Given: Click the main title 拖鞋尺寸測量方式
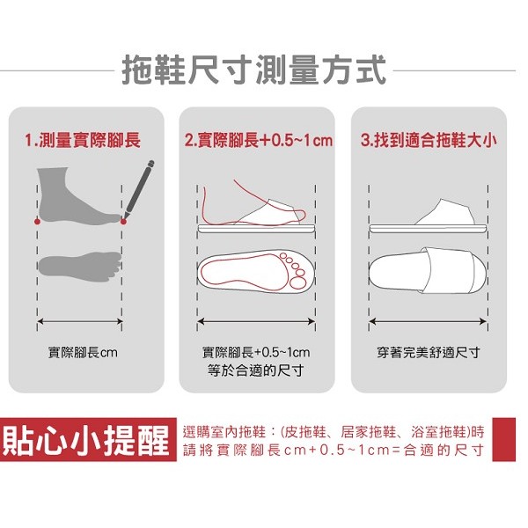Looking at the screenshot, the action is pyautogui.click(x=253, y=71).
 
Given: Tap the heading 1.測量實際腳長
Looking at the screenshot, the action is pyautogui.click(x=83, y=140).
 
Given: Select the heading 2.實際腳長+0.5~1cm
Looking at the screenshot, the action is pyautogui.click(x=259, y=140).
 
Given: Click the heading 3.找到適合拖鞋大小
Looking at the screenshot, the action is pyautogui.click(x=429, y=140).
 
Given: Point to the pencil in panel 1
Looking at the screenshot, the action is pyautogui.click(x=138, y=189).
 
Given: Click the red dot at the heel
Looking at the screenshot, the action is pyautogui.click(x=37, y=222).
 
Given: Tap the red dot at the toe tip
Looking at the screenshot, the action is pyautogui.click(x=123, y=222).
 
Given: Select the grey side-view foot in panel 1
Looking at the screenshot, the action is pyautogui.click(x=78, y=196).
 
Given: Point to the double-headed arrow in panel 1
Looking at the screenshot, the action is pyautogui.click(x=80, y=321).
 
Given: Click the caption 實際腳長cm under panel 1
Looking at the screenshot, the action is pyautogui.click(x=83, y=353).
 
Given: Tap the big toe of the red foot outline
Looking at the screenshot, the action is pyautogui.click(x=297, y=282).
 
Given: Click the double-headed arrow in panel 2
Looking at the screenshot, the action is pyautogui.click(x=256, y=321).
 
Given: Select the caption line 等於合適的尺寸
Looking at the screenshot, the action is pyautogui.click(x=256, y=370).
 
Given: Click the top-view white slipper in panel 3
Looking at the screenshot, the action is pyautogui.click(x=428, y=270).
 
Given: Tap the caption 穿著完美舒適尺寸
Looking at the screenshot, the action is pyautogui.click(x=429, y=353).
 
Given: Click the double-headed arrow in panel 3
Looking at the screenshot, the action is pyautogui.click(x=429, y=321).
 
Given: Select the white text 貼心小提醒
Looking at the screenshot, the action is pyautogui.click(x=86, y=440).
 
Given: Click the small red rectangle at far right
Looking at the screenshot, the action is pyautogui.click(x=503, y=440).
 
